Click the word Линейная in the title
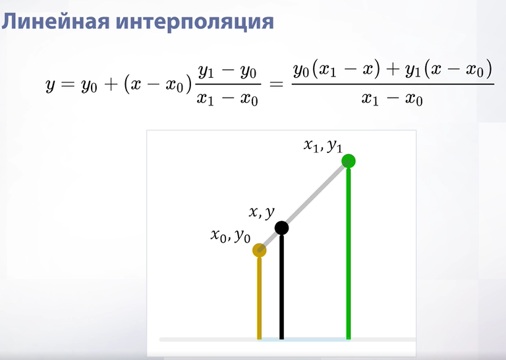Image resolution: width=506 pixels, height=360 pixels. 55,22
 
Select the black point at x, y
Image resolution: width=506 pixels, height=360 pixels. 282,228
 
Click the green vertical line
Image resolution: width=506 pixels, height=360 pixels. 349,253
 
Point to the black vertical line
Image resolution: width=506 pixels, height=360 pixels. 282,287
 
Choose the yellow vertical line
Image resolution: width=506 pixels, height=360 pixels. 260,298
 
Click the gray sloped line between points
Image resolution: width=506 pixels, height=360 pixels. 304,206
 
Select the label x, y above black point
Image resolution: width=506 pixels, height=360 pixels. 262,213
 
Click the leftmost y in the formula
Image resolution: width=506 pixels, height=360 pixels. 50,85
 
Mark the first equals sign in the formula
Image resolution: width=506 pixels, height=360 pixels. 68,84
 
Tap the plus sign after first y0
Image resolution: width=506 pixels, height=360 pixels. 111,84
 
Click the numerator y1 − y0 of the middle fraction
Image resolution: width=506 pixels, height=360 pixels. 227,71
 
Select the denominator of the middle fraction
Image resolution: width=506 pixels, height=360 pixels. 227,98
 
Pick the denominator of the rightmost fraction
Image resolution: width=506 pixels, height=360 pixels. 392,98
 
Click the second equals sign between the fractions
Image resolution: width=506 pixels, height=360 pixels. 276,85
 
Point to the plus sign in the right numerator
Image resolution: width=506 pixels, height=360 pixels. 393,69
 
